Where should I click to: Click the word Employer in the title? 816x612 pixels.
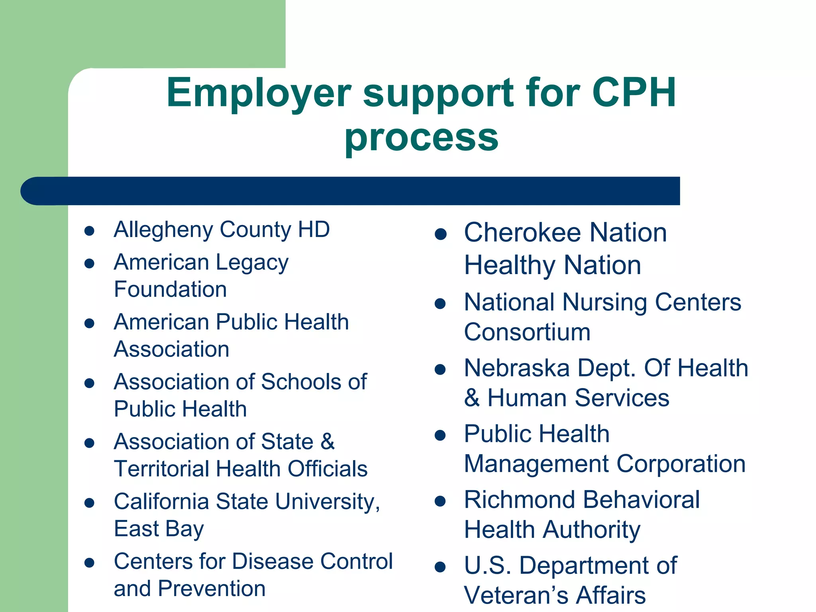(258, 94)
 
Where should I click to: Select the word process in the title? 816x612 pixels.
(421, 137)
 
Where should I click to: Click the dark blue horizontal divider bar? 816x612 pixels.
(351, 191)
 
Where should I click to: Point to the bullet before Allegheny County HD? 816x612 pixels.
(89, 231)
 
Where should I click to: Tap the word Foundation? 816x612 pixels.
(170, 289)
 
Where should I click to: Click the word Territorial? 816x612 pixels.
(161, 469)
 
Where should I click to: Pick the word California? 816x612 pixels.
(161, 501)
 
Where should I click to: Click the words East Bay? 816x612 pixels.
(159, 529)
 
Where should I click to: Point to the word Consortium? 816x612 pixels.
(527, 332)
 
